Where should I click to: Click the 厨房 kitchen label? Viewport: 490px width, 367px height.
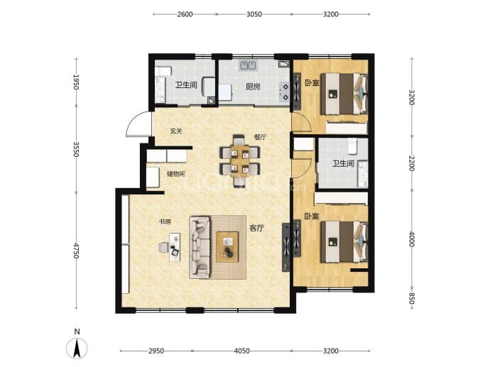253,87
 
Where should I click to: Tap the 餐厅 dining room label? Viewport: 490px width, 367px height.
261,137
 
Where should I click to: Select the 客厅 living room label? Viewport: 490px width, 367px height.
256,228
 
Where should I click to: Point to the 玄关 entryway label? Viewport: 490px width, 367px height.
176,131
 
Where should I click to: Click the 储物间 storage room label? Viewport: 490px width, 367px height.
176,174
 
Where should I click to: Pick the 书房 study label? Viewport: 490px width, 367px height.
165,221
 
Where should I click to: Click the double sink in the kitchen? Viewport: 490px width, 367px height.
248,65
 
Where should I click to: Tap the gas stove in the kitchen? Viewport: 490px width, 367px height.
284,92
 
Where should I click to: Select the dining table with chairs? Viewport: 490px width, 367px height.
240,160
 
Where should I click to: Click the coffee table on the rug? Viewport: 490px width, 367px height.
227,247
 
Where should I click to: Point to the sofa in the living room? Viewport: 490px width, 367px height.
200,247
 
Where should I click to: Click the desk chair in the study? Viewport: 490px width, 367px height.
163,247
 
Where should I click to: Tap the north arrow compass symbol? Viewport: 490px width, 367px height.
77,348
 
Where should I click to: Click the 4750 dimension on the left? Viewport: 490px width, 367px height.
76,250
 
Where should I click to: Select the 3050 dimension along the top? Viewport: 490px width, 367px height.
254,14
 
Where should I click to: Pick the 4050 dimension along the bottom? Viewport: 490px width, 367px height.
242,351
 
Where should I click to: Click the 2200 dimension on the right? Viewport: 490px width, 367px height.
412,163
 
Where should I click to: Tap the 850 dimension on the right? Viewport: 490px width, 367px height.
412,299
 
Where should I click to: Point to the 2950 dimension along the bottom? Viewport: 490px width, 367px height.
156,351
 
